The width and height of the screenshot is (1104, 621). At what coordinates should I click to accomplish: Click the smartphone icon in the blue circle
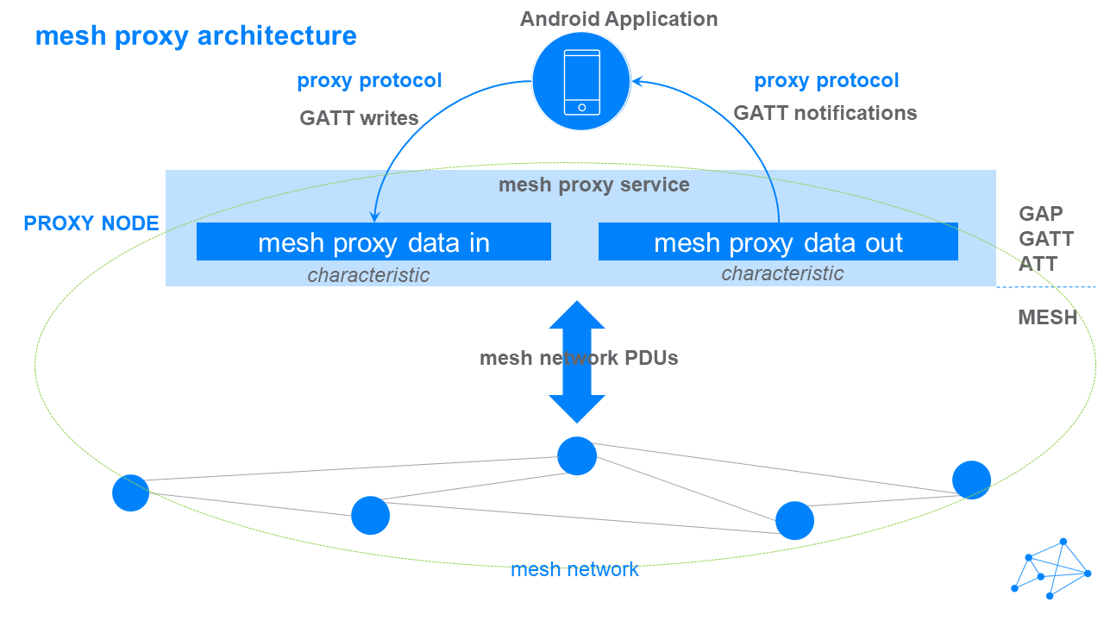(x=581, y=82)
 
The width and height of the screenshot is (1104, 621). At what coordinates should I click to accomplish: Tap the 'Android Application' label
(x=618, y=19)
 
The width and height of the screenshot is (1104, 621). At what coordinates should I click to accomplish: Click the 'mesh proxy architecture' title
(x=196, y=36)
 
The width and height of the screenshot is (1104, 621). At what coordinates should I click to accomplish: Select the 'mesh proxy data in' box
(x=373, y=241)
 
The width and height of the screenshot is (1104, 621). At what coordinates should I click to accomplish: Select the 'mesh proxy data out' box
(x=778, y=241)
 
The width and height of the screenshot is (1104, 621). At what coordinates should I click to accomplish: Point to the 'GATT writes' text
(x=359, y=118)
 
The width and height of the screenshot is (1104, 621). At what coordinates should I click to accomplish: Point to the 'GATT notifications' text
(x=825, y=113)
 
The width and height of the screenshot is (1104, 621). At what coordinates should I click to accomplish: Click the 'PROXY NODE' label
(x=91, y=223)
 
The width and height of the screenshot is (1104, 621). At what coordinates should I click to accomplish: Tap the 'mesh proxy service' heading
(x=594, y=185)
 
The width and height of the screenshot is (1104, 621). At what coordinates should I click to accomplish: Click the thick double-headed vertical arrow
(x=577, y=361)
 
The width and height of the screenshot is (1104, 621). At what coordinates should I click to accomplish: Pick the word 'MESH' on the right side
(x=1047, y=317)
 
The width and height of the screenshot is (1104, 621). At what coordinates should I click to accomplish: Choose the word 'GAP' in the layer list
(x=1040, y=214)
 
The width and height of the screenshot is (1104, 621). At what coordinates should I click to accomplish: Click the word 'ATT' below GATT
(x=1038, y=264)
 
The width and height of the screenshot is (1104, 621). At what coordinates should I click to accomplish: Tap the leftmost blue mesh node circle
(x=130, y=492)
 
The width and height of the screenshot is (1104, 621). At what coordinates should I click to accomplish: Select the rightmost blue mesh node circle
(x=971, y=480)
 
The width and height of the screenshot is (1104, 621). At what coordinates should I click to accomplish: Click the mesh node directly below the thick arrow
(x=577, y=456)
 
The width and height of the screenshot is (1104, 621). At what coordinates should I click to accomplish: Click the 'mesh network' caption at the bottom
(x=574, y=570)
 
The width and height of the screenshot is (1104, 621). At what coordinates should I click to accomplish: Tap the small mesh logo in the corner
(x=1051, y=568)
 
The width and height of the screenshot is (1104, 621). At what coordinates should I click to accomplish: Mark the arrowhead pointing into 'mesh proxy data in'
(x=374, y=216)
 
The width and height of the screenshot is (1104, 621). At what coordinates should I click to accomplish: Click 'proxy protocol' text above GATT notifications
(x=826, y=81)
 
